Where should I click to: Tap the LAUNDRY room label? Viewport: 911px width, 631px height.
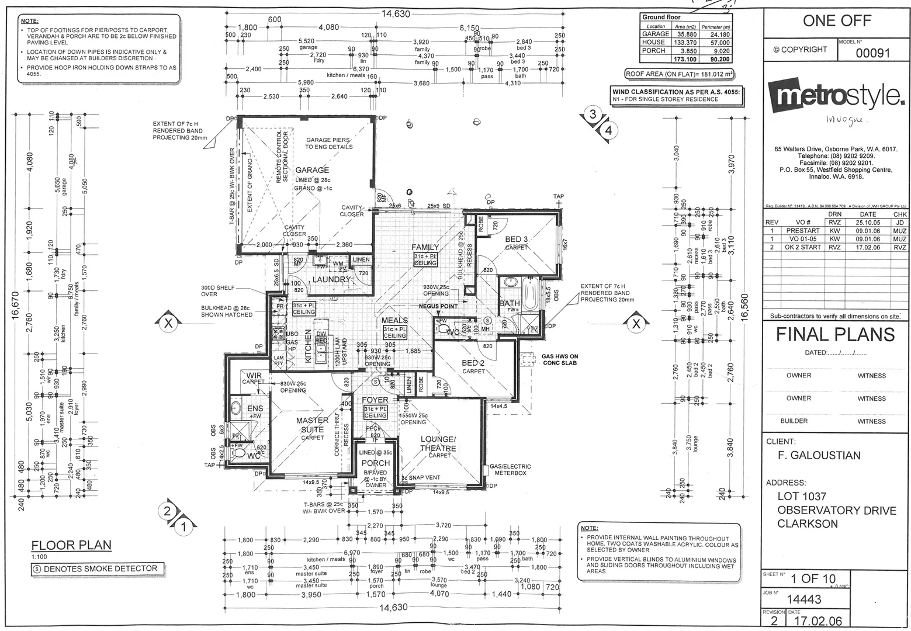[331, 279]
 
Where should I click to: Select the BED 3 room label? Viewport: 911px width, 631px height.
[516, 240]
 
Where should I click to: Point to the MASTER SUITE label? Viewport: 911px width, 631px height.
[313, 424]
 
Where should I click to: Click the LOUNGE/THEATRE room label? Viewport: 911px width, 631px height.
[438, 444]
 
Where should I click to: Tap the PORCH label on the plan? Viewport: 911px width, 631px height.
[375, 463]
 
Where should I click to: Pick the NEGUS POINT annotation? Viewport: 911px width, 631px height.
[438, 306]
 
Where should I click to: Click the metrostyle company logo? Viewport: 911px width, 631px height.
[836, 97]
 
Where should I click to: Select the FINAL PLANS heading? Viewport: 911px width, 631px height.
[835, 335]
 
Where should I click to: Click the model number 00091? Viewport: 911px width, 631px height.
[872, 53]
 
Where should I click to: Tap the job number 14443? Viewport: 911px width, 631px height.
[804, 599]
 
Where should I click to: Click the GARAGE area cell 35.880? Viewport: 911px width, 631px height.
[685, 34]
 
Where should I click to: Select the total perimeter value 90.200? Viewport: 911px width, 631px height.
[715, 59]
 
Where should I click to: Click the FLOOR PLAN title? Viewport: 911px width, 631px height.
[71, 545]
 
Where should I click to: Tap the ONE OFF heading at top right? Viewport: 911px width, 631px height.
[837, 21]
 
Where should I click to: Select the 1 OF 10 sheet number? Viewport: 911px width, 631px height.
[813, 580]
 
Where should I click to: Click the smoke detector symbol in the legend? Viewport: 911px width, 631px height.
[37, 568]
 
